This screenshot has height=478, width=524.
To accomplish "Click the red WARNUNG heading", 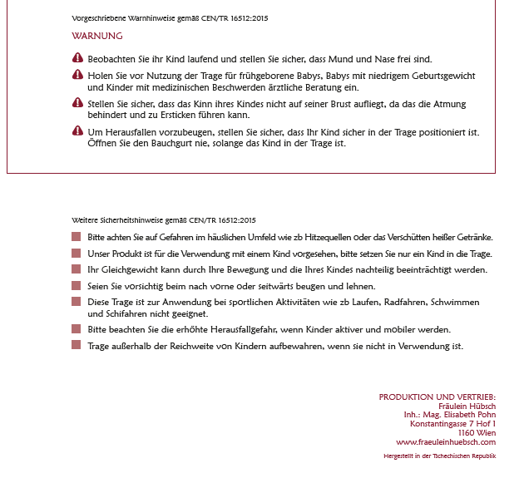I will [97, 36].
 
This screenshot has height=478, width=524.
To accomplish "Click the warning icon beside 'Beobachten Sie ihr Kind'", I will [77, 58].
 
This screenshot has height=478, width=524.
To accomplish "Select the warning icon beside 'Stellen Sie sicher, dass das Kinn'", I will [77, 103].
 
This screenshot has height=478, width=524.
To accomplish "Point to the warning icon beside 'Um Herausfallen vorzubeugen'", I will [77, 131].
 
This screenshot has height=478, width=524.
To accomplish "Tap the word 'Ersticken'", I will [186, 115].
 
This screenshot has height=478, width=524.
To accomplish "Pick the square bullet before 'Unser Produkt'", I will [77, 254].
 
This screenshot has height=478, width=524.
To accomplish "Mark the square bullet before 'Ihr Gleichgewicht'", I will [77, 270].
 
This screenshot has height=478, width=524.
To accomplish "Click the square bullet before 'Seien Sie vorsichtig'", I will [77, 286].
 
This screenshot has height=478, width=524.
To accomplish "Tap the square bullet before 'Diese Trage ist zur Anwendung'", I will [77, 302].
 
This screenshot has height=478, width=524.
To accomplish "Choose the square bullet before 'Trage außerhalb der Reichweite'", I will [77, 346].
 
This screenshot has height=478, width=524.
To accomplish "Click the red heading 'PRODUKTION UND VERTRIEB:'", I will [437, 397].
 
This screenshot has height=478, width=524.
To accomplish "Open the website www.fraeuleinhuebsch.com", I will [446, 442].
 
